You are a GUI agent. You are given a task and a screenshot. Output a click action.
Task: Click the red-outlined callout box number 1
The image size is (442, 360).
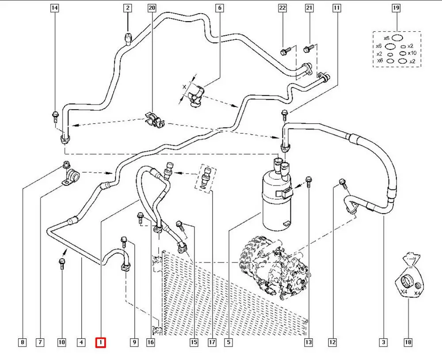[101, 342]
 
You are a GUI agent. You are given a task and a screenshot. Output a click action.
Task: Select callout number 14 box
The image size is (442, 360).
[55, 8]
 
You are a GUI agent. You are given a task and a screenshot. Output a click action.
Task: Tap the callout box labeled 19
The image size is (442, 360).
[396, 8]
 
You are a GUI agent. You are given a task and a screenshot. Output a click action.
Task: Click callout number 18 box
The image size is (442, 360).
[408, 342]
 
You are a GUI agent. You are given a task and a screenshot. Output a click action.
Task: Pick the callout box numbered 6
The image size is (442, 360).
[220, 8]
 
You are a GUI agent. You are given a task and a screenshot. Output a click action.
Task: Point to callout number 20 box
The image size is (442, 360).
[152, 8]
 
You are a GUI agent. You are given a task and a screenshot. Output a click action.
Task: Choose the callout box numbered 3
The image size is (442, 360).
[383, 342]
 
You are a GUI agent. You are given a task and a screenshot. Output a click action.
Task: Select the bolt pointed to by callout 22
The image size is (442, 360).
[284, 51]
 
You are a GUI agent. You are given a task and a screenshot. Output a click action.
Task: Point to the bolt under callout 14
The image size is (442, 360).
[55, 117]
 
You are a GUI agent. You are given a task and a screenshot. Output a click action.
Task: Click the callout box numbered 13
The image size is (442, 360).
[308, 342]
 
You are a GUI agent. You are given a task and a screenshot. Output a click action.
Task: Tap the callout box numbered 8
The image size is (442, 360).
[23, 342]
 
